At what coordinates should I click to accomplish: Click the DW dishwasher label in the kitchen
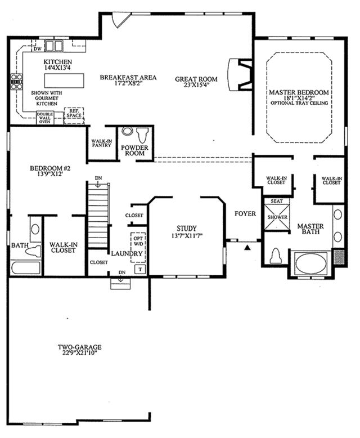click(37, 49)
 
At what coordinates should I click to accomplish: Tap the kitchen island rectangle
click(64, 81)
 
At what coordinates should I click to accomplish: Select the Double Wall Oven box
click(45, 118)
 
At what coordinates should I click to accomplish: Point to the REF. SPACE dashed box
click(74, 115)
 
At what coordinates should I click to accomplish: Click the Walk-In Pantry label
click(102, 144)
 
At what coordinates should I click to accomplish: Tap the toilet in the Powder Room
click(142, 135)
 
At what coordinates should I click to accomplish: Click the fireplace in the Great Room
click(240, 74)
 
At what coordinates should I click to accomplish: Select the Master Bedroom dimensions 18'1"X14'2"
click(299, 98)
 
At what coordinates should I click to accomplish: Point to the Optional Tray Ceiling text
click(299, 103)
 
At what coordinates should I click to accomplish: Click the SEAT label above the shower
click(277, 201)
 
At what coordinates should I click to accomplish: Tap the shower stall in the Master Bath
click(277, 217)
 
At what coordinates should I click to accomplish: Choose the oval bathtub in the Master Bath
click(311, 263)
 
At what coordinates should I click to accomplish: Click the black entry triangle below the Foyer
click(247, 247)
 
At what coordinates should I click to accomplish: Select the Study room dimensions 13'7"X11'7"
click(187, 236)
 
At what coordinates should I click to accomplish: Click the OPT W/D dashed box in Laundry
click(138, 247)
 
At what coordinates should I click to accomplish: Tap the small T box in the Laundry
click(141, 269)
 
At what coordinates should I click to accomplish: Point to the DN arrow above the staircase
click(98, 184)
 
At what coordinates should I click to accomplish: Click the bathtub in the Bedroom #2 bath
click(26, 268)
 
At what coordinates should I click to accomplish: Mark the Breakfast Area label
click(128, 77)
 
